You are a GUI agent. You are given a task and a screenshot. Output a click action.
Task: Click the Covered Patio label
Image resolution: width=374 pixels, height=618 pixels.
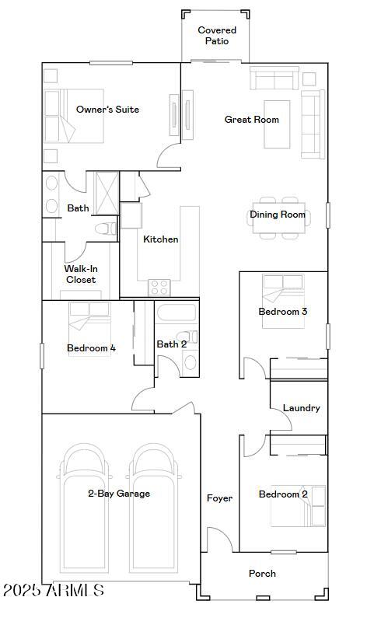pyautogui.click(x=217, y=36)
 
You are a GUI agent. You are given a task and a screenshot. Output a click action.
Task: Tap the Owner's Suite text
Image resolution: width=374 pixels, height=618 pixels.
pyautogui.click(x=107, y=110)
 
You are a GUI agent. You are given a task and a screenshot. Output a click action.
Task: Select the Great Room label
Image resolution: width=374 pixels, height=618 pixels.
pyautogui.click(x=252, y=120)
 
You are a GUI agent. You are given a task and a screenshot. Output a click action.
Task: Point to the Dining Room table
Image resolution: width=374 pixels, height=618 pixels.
pyautogui.click(x=278, y=215)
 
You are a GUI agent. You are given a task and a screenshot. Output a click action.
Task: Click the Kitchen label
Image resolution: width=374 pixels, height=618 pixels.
pyautogui.click(x=160, y=239)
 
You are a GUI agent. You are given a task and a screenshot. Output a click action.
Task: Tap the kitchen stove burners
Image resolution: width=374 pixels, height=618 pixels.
pyautogui.click(x=159, y=287)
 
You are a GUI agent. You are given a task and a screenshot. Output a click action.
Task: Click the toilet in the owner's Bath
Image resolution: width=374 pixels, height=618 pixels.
pyautogui.click(x=105, y=229)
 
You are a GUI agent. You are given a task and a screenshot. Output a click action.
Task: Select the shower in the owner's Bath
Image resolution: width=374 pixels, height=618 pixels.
pyautogui.click(x=106, y=192)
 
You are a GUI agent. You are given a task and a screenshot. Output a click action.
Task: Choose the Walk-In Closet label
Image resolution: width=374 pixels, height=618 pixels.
pyautogui.click(x=81, y=274)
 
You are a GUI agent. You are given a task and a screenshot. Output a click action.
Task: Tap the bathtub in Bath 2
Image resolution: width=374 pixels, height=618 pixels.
pyautogui.click(x=177, y=315)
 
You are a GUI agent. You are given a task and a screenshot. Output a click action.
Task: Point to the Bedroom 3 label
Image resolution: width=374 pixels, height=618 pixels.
pyautogui.click(x=283, y=312)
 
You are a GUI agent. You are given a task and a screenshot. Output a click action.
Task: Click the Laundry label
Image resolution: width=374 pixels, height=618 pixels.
pyautogui.click(x=301, y=408)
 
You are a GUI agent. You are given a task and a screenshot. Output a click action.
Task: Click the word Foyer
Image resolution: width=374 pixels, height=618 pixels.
pyautogui.click(x=219, y=498)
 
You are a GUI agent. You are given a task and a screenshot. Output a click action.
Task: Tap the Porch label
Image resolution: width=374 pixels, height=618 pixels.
pyautogui.click(x=262, y=574)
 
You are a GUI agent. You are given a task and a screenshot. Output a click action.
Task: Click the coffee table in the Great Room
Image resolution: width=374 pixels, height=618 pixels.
pyautogui.click(x=277, y=124)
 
